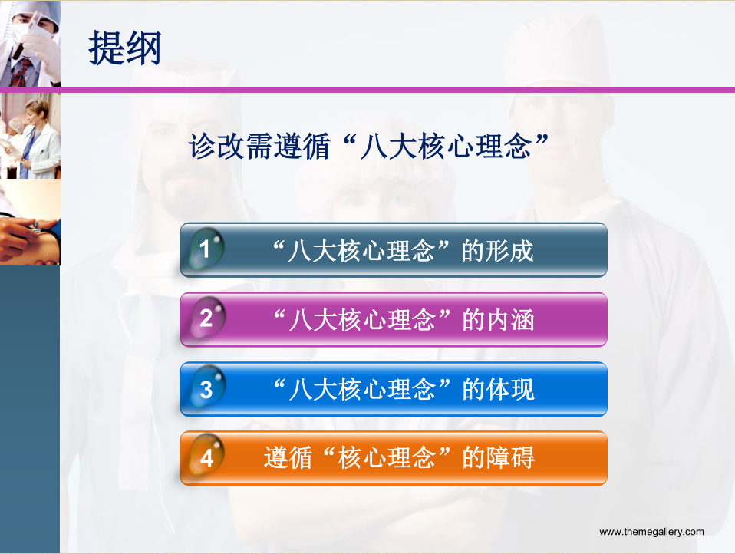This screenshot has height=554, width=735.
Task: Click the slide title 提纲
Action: click(x=125, y=48)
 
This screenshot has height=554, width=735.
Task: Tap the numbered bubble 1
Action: click(x=206, y=249)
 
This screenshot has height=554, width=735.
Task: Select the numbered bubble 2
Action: click(x=206, y=318)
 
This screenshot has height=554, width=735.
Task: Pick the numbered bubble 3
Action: click(x=206, y=387)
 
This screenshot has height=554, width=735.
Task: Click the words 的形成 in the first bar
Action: click(x=497, y=251)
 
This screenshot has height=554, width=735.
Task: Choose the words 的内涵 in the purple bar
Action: click(x=498, y=320)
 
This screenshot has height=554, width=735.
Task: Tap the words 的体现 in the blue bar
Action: click(x=498, y=390)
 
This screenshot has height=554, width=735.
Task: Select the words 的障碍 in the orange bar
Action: click(x=498, y=457)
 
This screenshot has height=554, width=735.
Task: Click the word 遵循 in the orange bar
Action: click(x=288, y=457)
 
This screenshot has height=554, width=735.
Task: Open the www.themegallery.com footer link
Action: click(x=651, y=532)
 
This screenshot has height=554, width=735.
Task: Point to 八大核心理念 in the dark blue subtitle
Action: click(x=446, y=147)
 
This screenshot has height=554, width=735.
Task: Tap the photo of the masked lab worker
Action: click(x=30, y=44)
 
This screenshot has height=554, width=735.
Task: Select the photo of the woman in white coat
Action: click(x=30, y=136)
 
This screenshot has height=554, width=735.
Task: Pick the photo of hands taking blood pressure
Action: click(x=30, y=223)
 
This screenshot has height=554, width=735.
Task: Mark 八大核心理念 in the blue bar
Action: click(x=362, y=390)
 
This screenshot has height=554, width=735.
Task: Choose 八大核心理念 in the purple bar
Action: click(x=362, y=320)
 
